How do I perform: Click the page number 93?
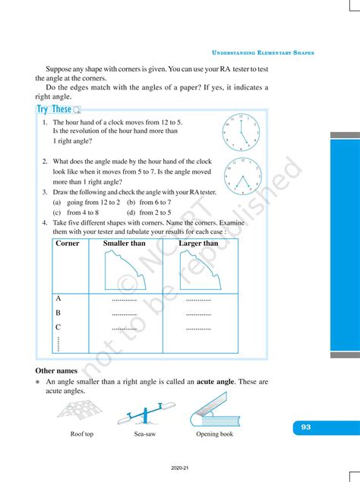tap(305, 427)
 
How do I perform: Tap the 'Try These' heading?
tap(55, 109)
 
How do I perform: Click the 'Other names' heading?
tap(56, 370)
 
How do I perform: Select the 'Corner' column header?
tap(68, 244)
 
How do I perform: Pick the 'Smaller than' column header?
tap(124, 244)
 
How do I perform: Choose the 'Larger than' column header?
tap(198, 244)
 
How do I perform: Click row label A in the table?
tap(58, 299)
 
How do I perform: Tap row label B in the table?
tap(58, 313)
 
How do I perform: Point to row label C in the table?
tap(58, 326)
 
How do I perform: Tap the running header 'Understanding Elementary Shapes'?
tap(263, 53)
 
